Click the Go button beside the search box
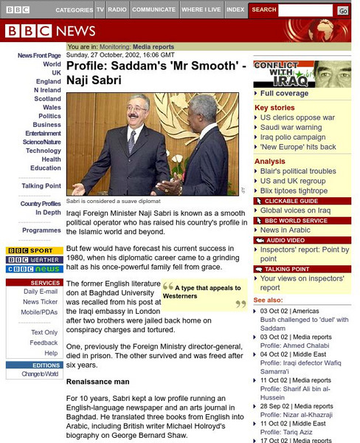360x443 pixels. [343, 10]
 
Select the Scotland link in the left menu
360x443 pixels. [47, 98]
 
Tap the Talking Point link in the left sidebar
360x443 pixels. [41, 185]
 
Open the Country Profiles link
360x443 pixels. [41, 203]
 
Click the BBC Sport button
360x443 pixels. [34, 251]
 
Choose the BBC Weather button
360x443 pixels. [34, 260]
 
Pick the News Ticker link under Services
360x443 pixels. [41, 302]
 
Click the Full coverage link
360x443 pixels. [285, 94]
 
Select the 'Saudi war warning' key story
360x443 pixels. [291, 127]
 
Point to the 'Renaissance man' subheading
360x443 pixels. [98, 382]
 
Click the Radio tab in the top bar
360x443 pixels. [116, 10]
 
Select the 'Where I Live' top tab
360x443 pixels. [201, 10]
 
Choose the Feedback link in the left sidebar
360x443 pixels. [44, 343]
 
